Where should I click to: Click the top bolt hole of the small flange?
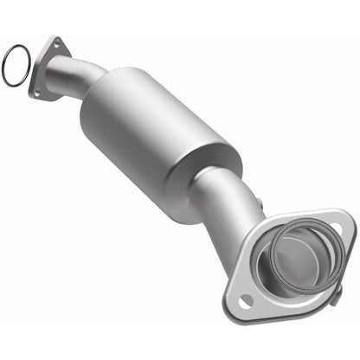tap(57, 44)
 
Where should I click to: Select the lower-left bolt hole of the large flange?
tap(245, 300)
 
